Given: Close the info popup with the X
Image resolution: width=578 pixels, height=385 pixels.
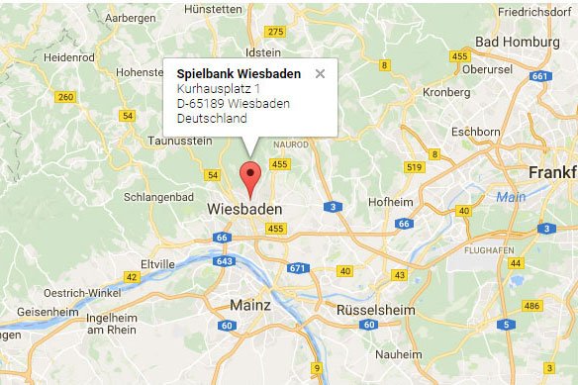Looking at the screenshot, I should [x=320, y=73].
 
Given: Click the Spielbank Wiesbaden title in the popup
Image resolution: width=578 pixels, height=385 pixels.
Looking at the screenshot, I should [x=239, y=73].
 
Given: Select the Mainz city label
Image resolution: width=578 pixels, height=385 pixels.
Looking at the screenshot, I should [x=249, y=304].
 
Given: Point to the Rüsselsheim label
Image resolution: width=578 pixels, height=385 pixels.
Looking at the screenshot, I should [x=367, y=308].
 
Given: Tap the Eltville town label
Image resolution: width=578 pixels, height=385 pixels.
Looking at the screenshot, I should [x=158, y=264].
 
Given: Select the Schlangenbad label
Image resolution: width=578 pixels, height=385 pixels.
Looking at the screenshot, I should [x=159, y=196].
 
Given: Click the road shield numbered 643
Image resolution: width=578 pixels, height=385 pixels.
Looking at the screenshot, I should [x=224, y=260].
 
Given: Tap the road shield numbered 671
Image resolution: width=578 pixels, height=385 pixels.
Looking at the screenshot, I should [x=298, y=268].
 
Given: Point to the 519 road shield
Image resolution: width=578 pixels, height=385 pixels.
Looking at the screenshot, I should [x=414, y=166].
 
